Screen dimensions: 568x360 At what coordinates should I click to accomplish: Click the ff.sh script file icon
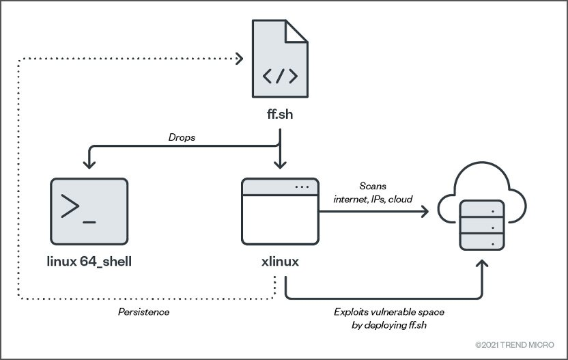pos(280,59)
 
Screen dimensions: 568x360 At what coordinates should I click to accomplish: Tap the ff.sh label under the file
pos(280,114)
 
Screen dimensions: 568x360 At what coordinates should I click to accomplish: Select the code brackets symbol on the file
pos(280,76)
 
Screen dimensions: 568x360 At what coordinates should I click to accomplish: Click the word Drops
pos(182,137)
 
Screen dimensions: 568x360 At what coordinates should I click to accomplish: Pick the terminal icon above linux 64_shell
pos(89,211)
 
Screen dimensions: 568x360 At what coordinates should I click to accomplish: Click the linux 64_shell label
pos(89,262)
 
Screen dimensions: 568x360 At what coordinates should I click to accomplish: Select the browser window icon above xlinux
pos(280,211)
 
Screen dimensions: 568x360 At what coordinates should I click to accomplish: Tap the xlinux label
pos(280,262)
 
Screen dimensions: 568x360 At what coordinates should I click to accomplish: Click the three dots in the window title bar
pos(302,187)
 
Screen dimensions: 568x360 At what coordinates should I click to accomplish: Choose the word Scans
pos(373,186)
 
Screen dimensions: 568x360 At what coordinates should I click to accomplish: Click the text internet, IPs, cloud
pos(373,199)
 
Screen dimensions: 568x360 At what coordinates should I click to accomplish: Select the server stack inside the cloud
pos(482,225)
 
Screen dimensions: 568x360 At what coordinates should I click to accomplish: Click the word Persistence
pos(144,312)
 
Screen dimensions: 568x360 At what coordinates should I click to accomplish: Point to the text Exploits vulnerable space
pos(389,312)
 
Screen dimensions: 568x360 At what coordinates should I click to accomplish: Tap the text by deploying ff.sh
pos(389,325)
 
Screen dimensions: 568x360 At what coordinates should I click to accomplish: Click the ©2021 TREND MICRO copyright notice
pos(515,345)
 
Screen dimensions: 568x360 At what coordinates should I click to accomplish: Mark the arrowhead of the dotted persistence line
pos(239,58)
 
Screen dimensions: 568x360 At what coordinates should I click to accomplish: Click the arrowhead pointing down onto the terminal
pos(89,164)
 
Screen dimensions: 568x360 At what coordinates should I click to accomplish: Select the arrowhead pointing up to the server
pos(482,264)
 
